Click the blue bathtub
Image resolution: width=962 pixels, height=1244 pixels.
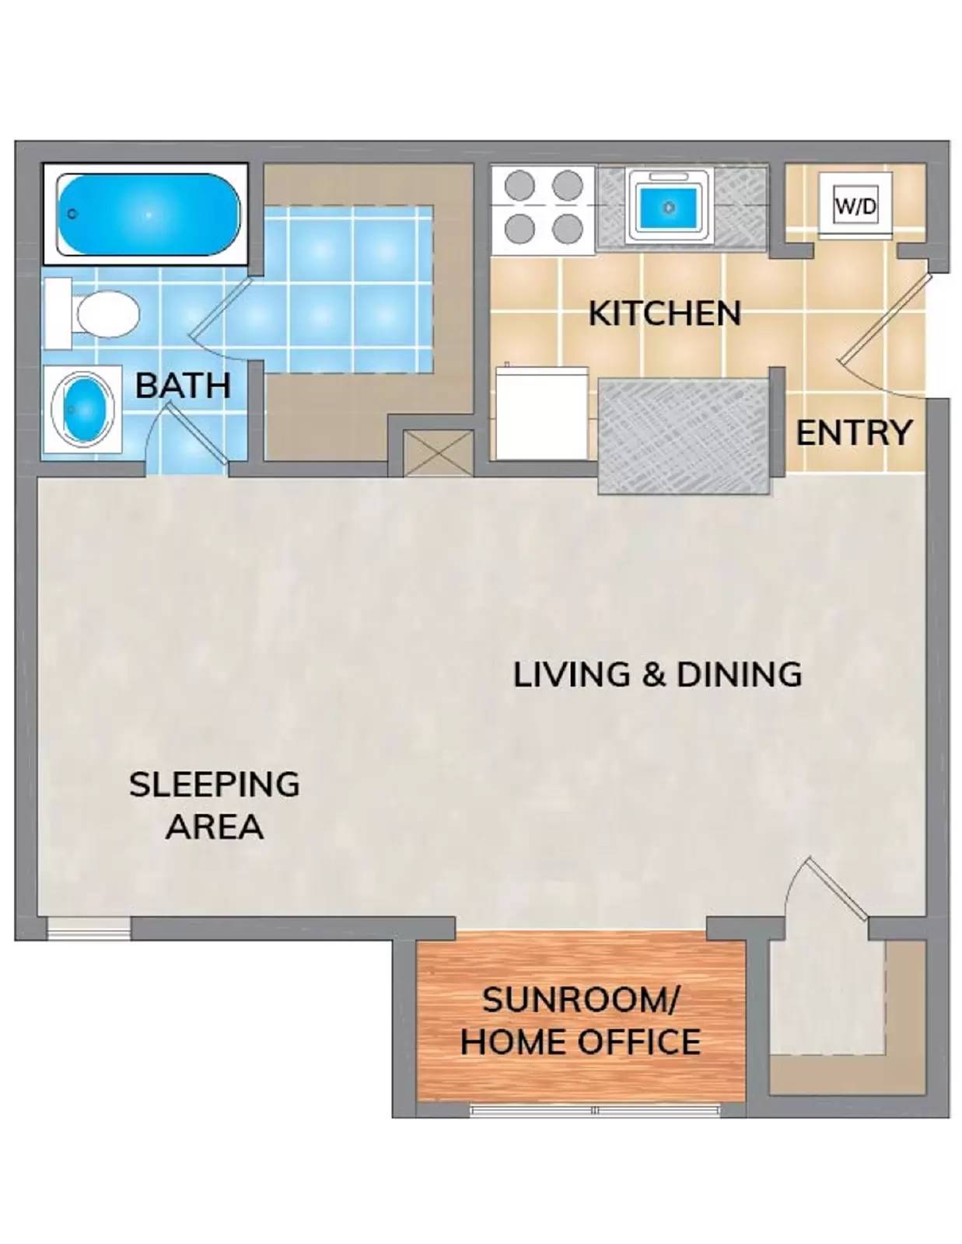[x=146, y=214]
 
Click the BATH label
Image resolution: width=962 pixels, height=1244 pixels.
[x=183, y=386]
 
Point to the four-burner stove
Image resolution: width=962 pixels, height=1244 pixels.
[x=544, y=208]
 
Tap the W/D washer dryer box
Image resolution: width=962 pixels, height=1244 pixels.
[x=855, y=206]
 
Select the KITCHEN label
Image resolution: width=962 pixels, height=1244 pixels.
[x=664, y=313]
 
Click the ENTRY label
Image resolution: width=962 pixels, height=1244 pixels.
[x=853, y=433]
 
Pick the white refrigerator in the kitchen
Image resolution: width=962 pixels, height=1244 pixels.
[x=542, y=414]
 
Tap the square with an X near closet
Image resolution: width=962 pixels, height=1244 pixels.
[x=438, y=453]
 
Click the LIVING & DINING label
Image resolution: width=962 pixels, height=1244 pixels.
[x=657, y=674]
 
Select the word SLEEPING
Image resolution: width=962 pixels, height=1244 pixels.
[x=214, y=784]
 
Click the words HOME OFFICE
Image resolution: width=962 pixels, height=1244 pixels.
[x=580, y=1042]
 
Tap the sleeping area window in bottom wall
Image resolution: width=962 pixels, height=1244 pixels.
[x=88, y=928]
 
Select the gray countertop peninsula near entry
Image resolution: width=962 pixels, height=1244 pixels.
[x=683, y=435]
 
